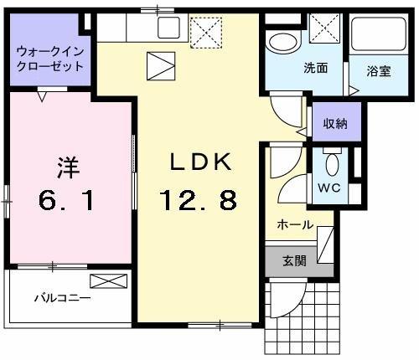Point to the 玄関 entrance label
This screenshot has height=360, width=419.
pyautogui.click(x=294, y=261)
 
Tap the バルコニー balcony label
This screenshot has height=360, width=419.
pyautogui.click(x=63, y=297)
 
